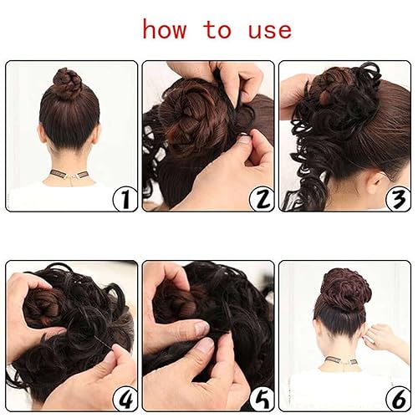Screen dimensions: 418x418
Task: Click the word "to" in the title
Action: (x=217, y=31)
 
